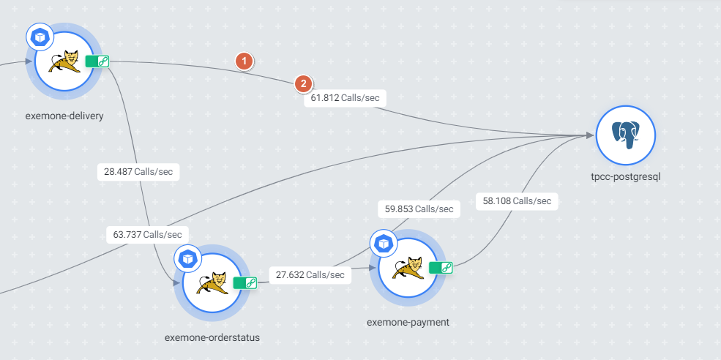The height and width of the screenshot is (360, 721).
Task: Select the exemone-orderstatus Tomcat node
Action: click(212, 282)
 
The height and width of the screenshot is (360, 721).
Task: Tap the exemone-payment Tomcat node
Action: click(408, 268)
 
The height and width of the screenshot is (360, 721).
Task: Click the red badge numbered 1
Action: click(244, 61)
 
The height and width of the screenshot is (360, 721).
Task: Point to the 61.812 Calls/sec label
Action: click(344, 97)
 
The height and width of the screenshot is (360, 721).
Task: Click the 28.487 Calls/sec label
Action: click(138, 171)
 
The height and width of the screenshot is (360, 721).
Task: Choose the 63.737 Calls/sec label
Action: click(148, 235)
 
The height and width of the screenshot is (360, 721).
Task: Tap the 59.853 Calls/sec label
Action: click(419, 209)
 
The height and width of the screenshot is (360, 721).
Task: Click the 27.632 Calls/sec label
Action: click(310, 274)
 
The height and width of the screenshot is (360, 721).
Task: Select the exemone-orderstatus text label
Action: click(212, 337)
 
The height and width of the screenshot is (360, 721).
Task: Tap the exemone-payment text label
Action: click(408, 322)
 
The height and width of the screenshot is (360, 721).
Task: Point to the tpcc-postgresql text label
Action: click(625, 176)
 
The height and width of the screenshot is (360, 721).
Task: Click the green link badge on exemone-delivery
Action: click(97, 61)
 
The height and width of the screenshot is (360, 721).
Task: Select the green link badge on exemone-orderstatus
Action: click(245, 282)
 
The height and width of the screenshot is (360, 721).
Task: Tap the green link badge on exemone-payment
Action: click(441, 268)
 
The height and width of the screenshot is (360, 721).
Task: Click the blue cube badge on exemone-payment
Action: click(382, 242)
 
